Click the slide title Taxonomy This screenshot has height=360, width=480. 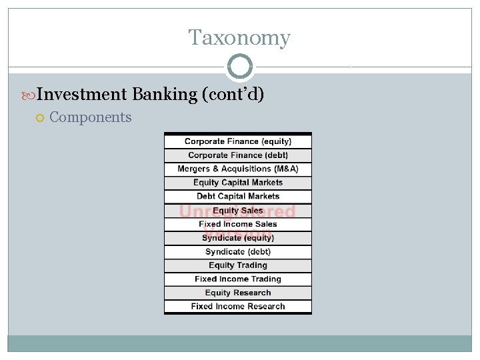point(239,38)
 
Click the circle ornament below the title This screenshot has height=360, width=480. point(240,67)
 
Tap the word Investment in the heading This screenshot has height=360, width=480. point(82,94)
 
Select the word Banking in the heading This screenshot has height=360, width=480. point(164,94)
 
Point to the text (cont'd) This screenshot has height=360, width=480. point(233,94)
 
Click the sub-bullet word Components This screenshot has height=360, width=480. point(91,117)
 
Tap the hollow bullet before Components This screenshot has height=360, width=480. point(40,118)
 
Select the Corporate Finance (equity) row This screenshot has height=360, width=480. point(238,141)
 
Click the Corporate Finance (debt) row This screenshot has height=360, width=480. point(238,155)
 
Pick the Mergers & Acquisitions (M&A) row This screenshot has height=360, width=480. point(238,169)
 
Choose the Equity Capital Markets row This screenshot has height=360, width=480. point(238,183)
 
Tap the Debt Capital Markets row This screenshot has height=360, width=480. point(238,197)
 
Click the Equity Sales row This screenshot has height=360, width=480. point(238,211)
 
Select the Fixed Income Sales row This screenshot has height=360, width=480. point(238,224)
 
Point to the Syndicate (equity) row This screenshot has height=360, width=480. point(238,238)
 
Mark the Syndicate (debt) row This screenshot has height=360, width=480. point(238,252)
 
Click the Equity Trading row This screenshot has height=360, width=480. point(238,265)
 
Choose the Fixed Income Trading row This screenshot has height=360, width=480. point(238,279)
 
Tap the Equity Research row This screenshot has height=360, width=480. point(238,293)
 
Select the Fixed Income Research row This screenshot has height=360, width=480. point(238,307)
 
